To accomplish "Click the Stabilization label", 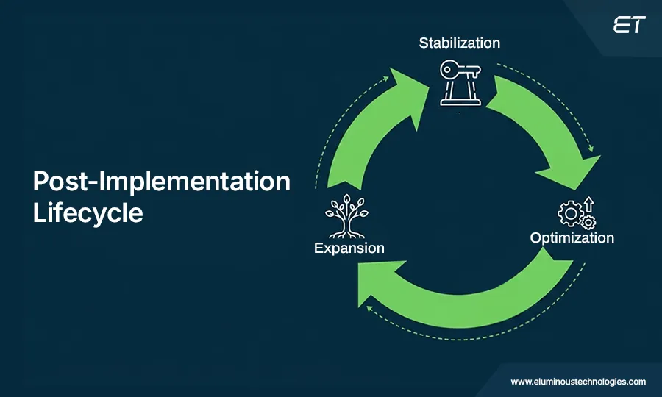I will tap(459, 43).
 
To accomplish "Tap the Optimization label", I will tap(572, 237).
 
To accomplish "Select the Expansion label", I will tap(349, 248).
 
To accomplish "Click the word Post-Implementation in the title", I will tap(162, 182).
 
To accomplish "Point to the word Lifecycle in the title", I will tap(88, 212).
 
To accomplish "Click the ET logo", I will tap(628, 25).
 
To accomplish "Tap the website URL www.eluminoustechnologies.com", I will tap(578, 382).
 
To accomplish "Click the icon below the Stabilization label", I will tap(460, 82).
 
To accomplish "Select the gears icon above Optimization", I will tap(577, 213).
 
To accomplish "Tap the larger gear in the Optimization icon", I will tap(569, 214).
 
